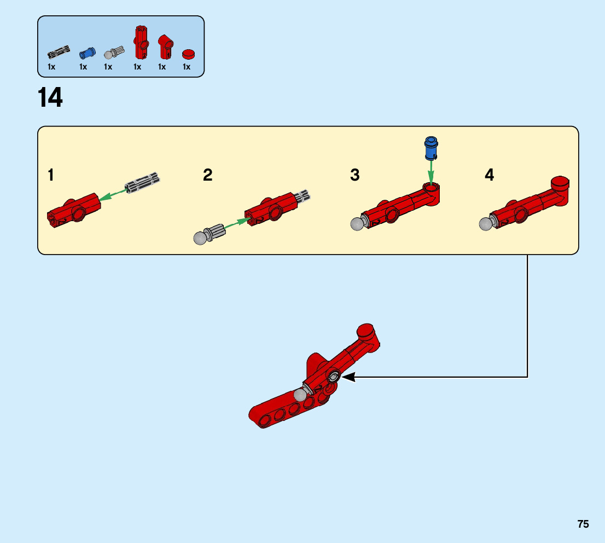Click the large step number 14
click(x=50, y=99)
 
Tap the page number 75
click(x=583, y=524)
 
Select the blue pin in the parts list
click(x=86, y=53)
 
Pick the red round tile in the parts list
click(x=189, y=53)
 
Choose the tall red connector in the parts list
click(x=141, y=43)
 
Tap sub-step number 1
click(x=51, y=175)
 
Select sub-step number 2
click(x=208, y=175)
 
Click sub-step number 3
click(x=355, y=175)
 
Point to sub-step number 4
click(x=490, y=175)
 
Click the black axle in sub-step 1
click(x=142, y=183)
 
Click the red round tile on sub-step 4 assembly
click(x=560, y=182)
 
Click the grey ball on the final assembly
click(x=300, y=395)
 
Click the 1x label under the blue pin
click(x=83, y=67)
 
